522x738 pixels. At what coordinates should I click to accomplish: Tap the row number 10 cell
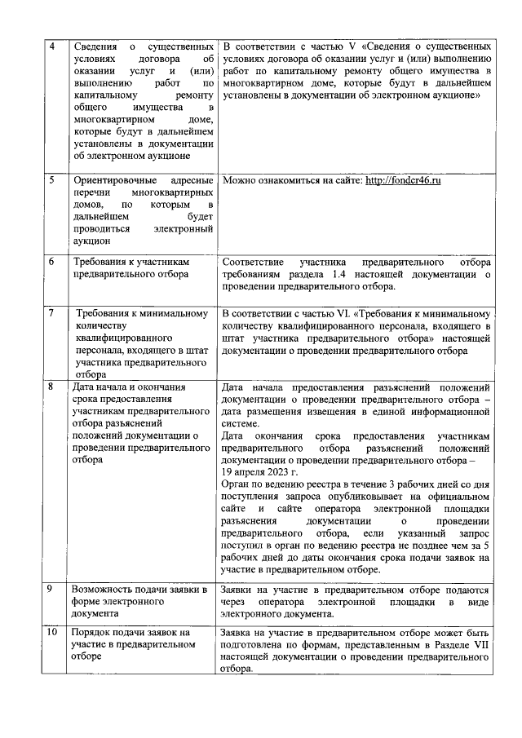point(52,633)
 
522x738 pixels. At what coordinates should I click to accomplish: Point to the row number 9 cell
point(52,589)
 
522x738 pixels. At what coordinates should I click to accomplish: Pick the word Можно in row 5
point(239,179)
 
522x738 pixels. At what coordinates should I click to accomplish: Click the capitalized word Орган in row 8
point(237,484)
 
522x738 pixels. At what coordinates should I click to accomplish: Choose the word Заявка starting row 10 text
point(240,633)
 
